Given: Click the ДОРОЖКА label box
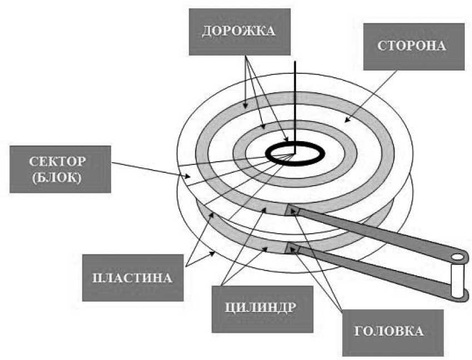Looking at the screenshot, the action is pos(240,31).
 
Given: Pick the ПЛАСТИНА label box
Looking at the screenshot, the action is pos(132,277).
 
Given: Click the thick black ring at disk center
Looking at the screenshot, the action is pos(271,155).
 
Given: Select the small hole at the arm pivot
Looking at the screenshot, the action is pos(457,257).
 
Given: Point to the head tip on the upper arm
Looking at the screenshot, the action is pos(292,210).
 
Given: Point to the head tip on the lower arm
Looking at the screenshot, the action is pos(292,248).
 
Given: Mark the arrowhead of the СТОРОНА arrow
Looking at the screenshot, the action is pos(345,119).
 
